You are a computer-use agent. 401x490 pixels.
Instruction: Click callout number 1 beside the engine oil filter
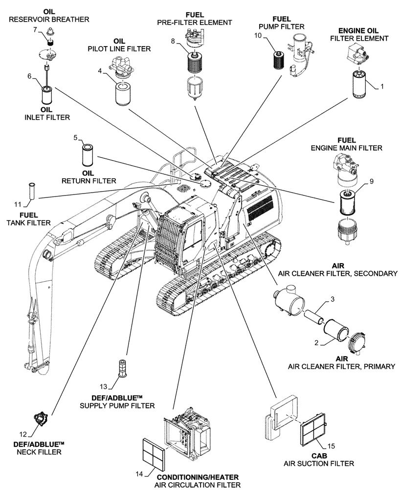coord(383,86)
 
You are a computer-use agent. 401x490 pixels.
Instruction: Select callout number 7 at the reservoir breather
coord(35,30)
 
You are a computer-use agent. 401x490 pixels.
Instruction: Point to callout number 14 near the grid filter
coord(139,474)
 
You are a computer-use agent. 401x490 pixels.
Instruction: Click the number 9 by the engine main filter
coord(371,181)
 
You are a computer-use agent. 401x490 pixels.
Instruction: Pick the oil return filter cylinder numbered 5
coord(88,155)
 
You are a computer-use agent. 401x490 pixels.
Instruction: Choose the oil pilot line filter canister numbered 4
coord(124,94)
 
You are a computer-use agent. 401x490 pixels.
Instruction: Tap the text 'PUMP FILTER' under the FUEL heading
coord(281,26)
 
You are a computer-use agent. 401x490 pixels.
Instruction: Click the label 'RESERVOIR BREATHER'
coord(49,20)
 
